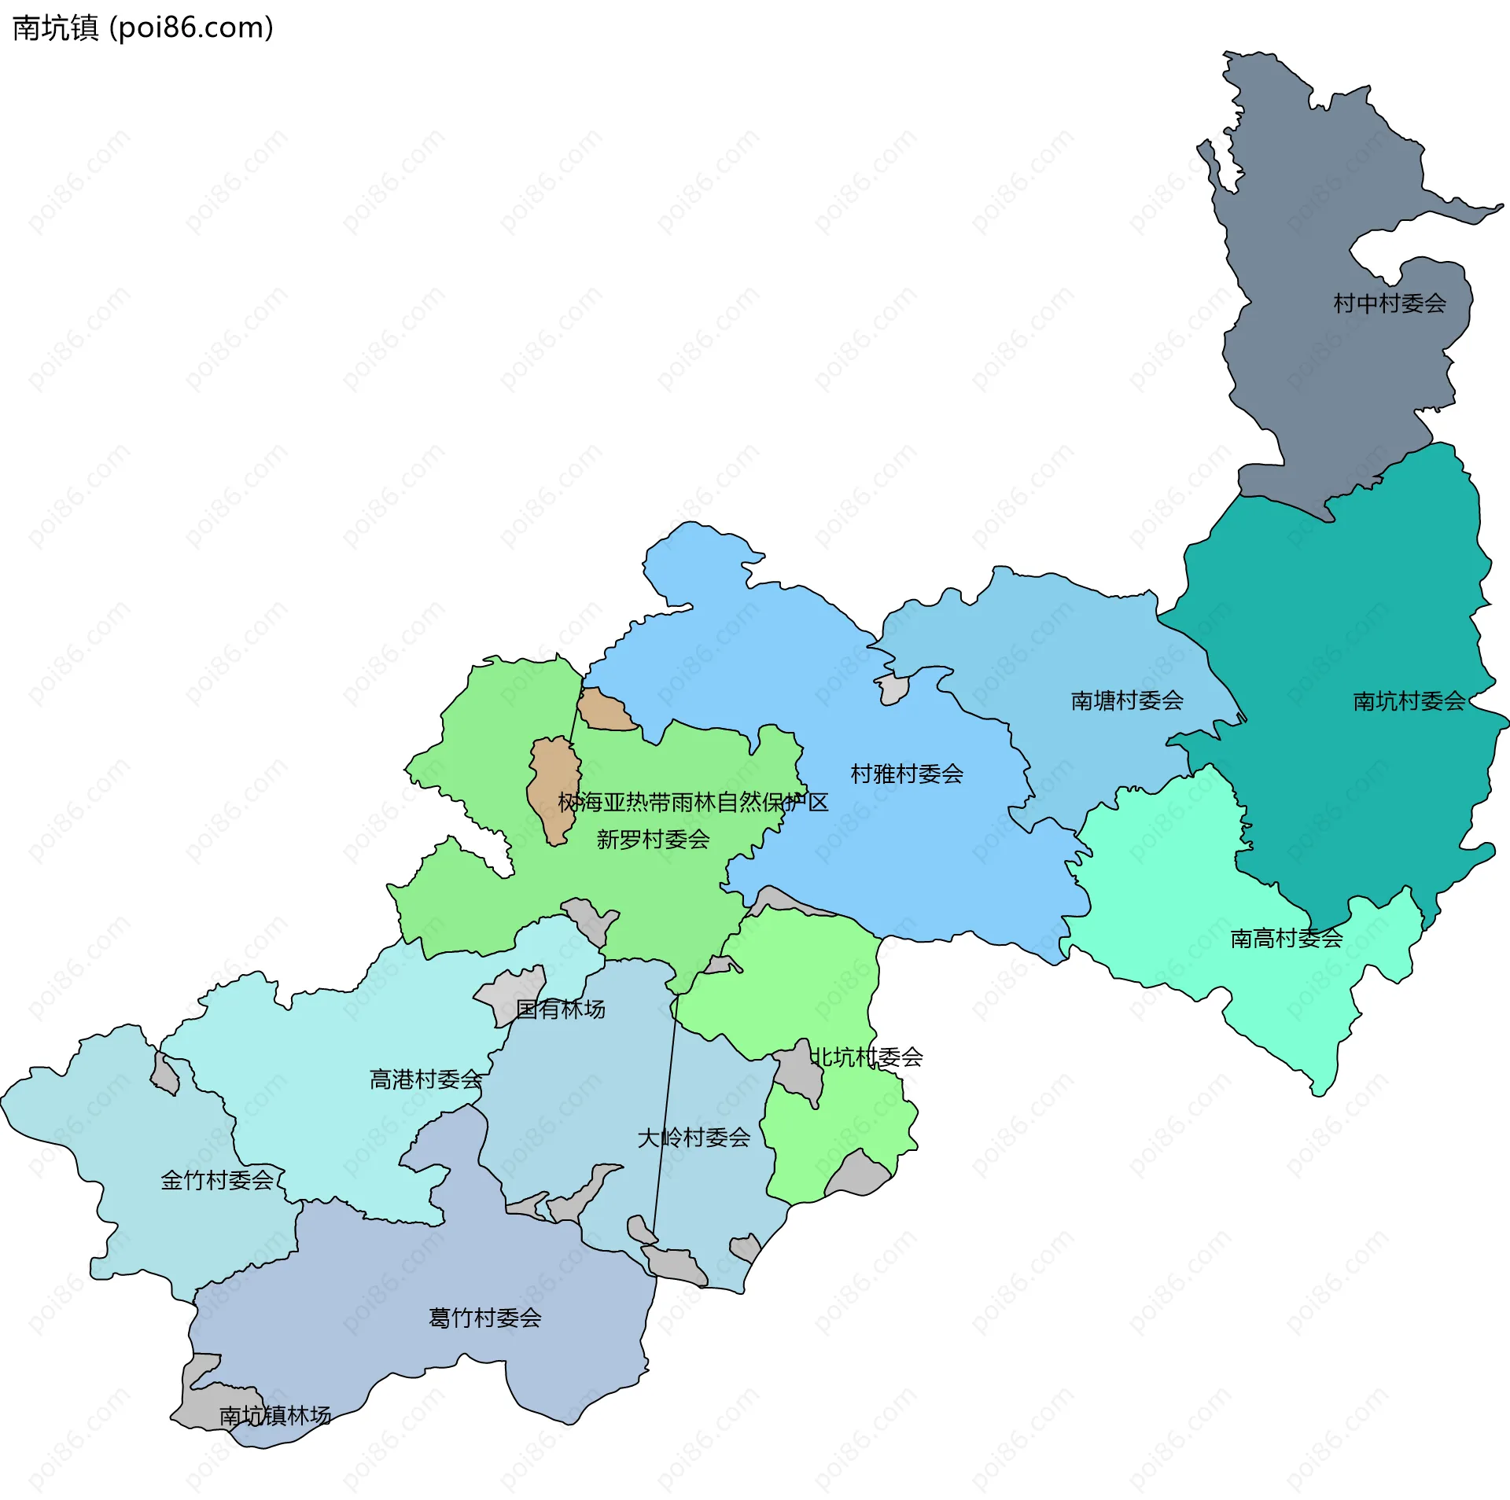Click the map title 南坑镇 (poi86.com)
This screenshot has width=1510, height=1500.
click(143, 28)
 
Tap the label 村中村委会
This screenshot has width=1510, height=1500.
click(1390, 303)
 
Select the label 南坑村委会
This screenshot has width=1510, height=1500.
click(1409, 701)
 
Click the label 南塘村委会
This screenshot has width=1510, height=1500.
click(1127, 700)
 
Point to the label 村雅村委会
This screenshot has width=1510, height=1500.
click(907, 774)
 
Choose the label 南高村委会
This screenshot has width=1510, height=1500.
click(1287, 939)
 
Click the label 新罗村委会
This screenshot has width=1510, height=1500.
click(653, 840)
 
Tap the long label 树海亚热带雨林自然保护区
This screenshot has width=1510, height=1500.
click(693, 803)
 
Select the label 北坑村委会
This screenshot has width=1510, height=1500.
click(866, 1057)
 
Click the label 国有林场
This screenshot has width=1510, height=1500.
click(560, 1009)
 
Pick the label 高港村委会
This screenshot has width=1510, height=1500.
click(425, 1079)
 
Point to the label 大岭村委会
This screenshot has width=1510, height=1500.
click(694, 1138)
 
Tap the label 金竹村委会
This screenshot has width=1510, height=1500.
click(217, 1180)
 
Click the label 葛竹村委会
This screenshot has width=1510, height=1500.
click(484, 1318)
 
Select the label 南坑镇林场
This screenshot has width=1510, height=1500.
click(274, 1416)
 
